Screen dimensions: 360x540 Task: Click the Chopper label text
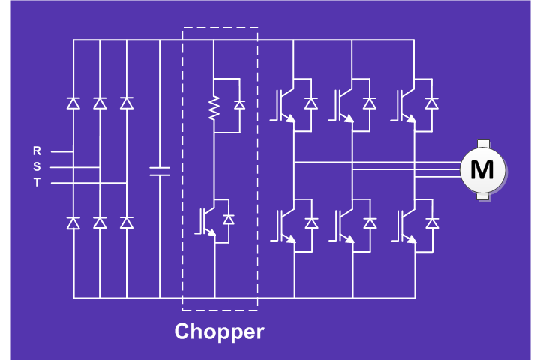pyautogui.click(x=219, y=331)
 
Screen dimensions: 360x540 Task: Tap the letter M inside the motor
pyautogui.click(x=481, y=169)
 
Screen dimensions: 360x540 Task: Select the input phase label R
pyautogui.click(x=37, y=151)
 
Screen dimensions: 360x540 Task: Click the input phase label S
pyautogui.click(x=37, y=167)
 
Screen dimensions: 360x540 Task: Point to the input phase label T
pyautogui.click(x=37, y=183)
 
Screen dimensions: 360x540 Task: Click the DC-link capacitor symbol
pyautogui.click(x=160, y=171)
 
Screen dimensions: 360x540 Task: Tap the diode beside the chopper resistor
pyautogui.click(x=239, y=105)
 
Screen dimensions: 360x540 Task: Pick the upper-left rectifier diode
pyautogui.click(x=73, y=103)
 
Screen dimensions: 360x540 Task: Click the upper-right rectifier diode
pyautogui.click(x=127, y=103)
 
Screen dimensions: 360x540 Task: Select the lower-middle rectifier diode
pyautogui.click(x=100, y=222)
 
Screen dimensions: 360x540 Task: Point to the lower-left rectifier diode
pyautogui.click(x=73, y=222)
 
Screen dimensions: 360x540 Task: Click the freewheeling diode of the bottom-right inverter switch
pyautogui.click(x=431, y=223)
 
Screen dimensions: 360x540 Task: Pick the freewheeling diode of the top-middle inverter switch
pyautogui.click(x=370, y=103)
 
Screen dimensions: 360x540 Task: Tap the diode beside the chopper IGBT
pyautogui.click(x=229, y=219)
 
